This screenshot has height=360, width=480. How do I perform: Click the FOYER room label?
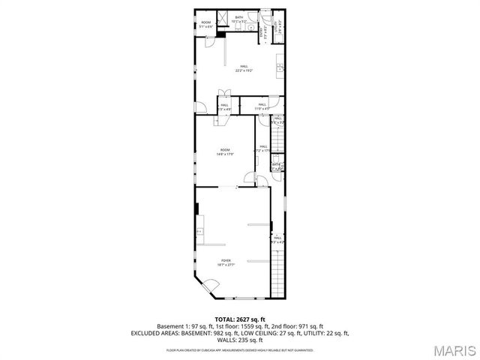click(226, 262)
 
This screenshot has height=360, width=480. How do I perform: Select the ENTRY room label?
click(262, 31)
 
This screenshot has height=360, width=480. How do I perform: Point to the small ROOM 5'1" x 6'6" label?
click(206, 24)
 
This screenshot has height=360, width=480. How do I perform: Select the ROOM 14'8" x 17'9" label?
click(226, 152)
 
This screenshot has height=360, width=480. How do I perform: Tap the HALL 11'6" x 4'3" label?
click(262, 107)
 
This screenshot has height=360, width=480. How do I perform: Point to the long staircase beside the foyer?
click(278, 274)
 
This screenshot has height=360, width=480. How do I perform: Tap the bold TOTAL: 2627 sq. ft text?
click(239, 319)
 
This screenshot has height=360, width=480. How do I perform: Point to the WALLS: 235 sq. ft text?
click(239, 339)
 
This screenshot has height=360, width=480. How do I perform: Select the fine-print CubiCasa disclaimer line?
click(239, 349)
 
